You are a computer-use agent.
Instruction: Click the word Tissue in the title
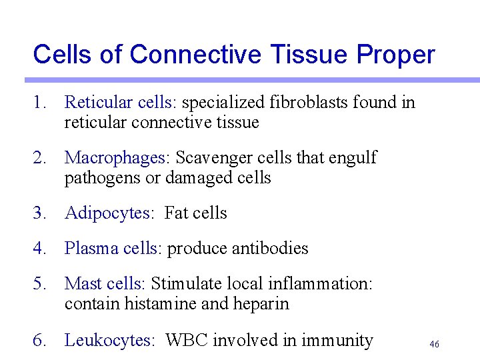(313, 55)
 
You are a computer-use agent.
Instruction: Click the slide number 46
(434, 344)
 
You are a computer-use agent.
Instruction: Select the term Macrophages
(117, 158)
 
